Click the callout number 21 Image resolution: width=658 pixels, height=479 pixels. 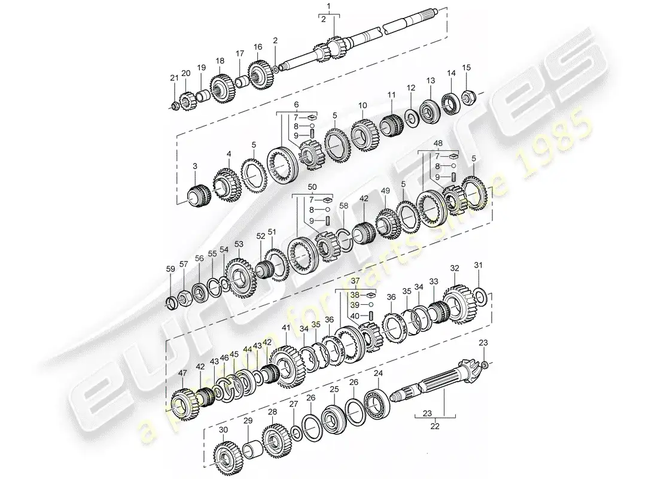(x=174, y=77)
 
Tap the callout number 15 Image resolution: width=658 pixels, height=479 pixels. (x=467, y=68)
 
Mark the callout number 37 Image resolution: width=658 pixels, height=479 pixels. (x=355, y=281)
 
